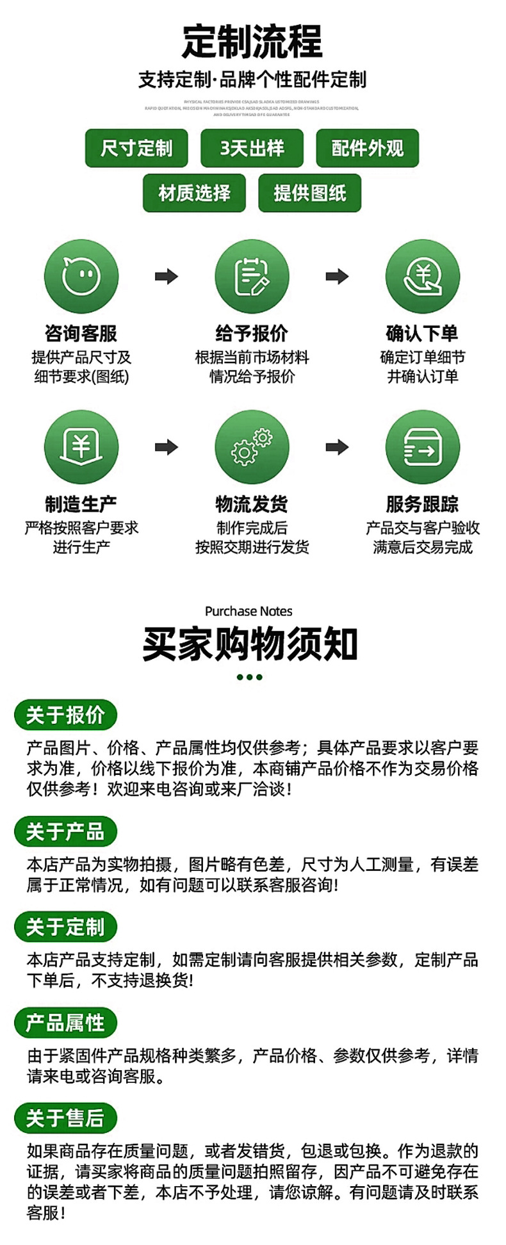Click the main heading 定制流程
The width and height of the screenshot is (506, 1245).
point(252,42)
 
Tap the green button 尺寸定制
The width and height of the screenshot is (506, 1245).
point(136,148)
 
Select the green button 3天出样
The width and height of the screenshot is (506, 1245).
point(252,148)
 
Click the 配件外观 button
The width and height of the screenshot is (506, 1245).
point(367,148)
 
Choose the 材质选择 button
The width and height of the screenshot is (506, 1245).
point(194,193)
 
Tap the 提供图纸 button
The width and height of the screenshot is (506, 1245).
point(309,193)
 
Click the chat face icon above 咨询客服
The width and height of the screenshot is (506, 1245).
point(81,277)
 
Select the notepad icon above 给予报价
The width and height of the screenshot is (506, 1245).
point(252,277)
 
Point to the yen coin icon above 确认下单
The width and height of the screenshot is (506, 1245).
point(423,277)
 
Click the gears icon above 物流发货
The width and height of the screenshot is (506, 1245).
point(252,447)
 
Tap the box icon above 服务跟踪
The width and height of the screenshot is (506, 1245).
point(423,447)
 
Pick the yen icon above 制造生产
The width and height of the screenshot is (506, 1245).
point(81,447)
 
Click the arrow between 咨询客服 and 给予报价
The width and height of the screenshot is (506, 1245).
point(167,277)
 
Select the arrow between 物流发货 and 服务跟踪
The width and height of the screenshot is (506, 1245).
point(337,447)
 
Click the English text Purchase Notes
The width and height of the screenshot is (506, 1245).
point(249,611)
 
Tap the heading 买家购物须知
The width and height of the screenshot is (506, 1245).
point(250,644)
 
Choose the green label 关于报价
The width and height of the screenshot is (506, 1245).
point(65,715)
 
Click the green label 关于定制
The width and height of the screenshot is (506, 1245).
point(65,927)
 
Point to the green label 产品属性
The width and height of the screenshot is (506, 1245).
point(65,1023)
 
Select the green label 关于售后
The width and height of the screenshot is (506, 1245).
point(65,1118)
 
